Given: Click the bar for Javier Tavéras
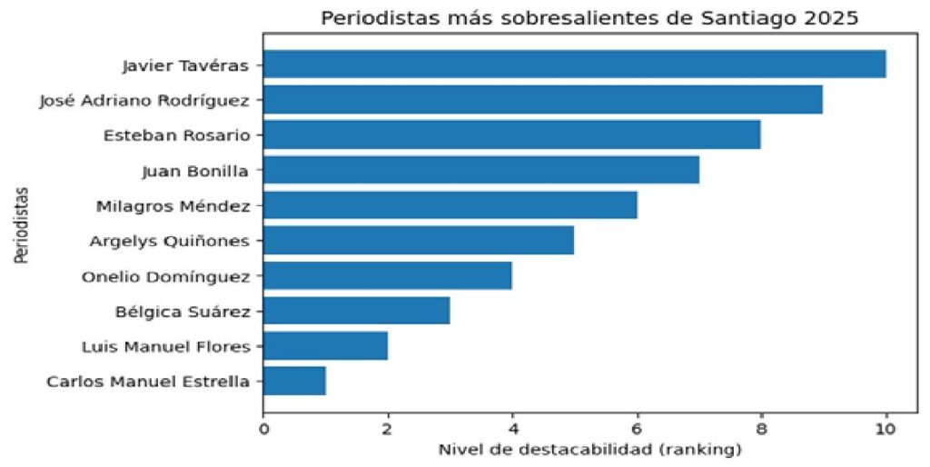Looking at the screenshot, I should (574, 65).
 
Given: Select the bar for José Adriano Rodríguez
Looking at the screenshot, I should (543, 100).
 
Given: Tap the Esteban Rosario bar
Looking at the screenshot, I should (511, 135).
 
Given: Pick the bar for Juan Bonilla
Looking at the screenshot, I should (480, 170).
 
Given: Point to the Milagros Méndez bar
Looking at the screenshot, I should (450, 205).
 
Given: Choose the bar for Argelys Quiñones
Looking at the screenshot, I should (418, 241).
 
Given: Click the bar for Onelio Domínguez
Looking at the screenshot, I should (387, 275).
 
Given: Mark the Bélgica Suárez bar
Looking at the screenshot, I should (356, 311).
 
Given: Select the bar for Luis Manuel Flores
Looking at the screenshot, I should (325, 346).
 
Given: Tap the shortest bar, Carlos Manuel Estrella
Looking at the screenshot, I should (294, 381).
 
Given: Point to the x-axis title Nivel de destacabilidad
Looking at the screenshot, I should (589, 450).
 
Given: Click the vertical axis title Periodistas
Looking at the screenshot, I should (20, 225).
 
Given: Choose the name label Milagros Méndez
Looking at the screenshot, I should (173, 206).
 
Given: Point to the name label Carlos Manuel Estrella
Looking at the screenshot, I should (147, 382).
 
